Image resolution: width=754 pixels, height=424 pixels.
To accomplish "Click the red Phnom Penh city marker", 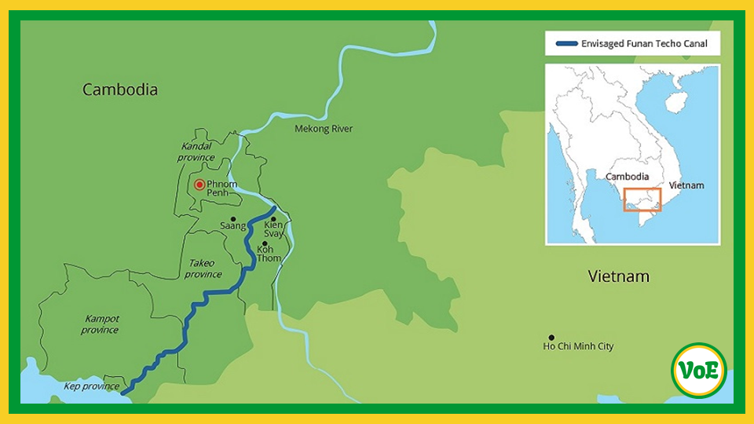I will pos(199,185).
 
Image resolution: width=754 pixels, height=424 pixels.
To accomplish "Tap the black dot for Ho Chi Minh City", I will pos(551,338).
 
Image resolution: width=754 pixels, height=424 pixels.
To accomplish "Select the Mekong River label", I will pos(324,129).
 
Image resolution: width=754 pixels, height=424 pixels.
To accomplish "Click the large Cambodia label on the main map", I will pos(120,90).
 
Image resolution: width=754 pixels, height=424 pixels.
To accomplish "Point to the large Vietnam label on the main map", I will pos(619,276).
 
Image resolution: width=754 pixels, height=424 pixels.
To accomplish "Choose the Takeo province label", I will pos(203,269).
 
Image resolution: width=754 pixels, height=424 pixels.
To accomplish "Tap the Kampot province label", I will pos(101,324).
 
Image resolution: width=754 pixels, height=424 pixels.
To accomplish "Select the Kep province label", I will pos(93,386).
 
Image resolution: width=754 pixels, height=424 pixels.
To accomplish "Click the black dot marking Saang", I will pos(233,219).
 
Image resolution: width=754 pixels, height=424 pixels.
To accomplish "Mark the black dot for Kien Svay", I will pos(273,219).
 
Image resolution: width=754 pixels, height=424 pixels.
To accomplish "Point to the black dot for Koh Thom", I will pos(265,243).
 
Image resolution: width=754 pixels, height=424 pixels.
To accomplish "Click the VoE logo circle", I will pos(699,370).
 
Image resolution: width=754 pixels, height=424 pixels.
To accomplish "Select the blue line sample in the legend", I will pos(565,44).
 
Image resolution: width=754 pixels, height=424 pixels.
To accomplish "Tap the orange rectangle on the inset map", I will pos(642,199).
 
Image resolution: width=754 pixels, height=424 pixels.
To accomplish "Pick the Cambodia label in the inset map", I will pos(627,177).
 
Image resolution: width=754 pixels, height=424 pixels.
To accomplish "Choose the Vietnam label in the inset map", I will pos(686,185).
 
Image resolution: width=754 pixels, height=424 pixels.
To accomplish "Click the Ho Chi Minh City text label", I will pos(579,346).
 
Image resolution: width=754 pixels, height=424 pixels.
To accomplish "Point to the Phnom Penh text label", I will pos(221,188).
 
